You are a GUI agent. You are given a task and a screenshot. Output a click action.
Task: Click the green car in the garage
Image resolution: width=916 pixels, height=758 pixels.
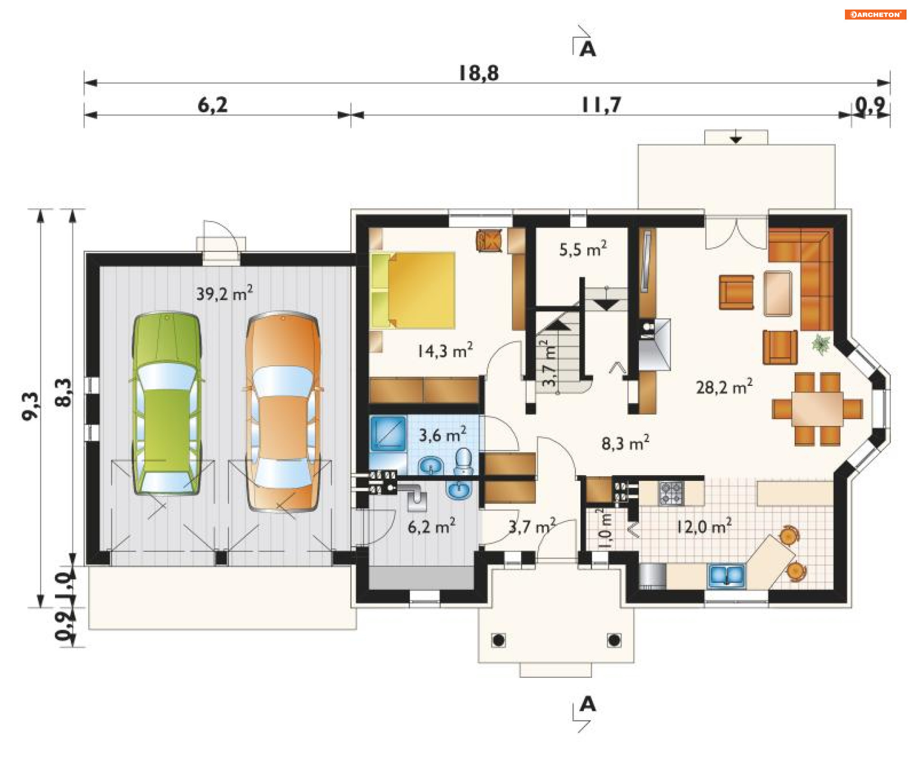pos(166,404)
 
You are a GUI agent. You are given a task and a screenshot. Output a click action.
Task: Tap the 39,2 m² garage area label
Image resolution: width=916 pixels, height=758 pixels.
pos(225,293)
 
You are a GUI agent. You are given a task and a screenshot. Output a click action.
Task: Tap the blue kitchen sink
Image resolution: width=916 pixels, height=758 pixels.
pos(727,575)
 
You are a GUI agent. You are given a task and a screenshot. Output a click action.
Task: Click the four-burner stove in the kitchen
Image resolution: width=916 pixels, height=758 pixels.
pos(671,493)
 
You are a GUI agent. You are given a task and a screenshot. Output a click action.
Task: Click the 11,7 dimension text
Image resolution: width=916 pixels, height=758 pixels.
pos(602,105)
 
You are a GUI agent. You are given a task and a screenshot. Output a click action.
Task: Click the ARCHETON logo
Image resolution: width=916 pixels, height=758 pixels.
pos(875,14)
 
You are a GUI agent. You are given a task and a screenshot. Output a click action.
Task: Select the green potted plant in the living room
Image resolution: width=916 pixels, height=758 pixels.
pos(822,344)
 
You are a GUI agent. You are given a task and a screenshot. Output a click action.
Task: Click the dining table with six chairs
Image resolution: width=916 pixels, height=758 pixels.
pos(817,409)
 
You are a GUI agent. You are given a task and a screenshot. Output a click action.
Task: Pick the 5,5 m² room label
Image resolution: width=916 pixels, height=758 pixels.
pos(583,249)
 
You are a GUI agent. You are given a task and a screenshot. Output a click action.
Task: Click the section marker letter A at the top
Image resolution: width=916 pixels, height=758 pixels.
pos(588,49)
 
